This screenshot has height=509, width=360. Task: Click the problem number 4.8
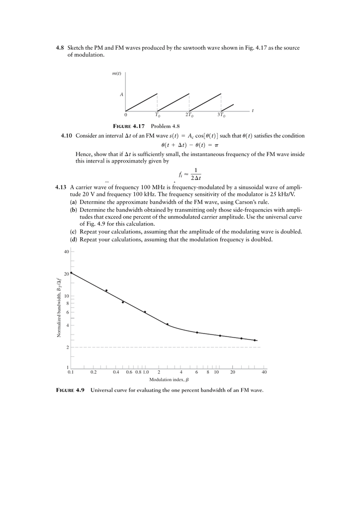(x=60, y=48)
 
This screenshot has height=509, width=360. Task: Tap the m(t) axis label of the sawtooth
(x=117, y=74)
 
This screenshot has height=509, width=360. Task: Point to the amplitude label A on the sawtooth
(x=121, y=93)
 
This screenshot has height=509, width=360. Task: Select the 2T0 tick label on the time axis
(x=189, y=115)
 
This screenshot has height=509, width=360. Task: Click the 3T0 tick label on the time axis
(x=221, y=115)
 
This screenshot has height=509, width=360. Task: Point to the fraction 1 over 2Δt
(x=195, y=174)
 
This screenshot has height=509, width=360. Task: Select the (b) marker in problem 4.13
(x=73, y=210)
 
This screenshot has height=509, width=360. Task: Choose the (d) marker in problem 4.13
(x=73, y=239)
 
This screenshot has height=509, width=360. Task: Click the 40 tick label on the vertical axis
(x=66, y=252)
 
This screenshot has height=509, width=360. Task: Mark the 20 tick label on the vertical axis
(x=66, y=274)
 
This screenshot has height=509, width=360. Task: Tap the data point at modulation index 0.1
(x=71, y=273)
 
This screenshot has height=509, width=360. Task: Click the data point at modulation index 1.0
(x=145, y=312)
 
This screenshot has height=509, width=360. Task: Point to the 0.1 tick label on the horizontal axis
(x=71, y=372)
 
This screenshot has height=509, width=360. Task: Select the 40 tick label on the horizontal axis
(x=264, y=372)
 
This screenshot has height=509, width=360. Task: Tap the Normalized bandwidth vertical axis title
(x=59, y=308)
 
